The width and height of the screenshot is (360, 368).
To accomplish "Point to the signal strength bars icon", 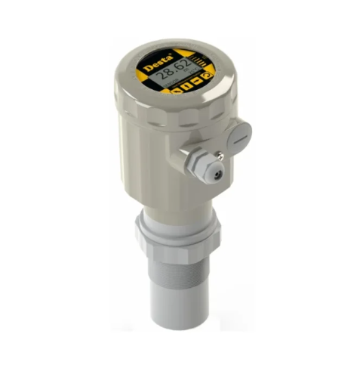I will click(x=198, y=60).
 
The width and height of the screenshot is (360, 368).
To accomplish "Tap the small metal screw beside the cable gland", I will click(x=222, y=157).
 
